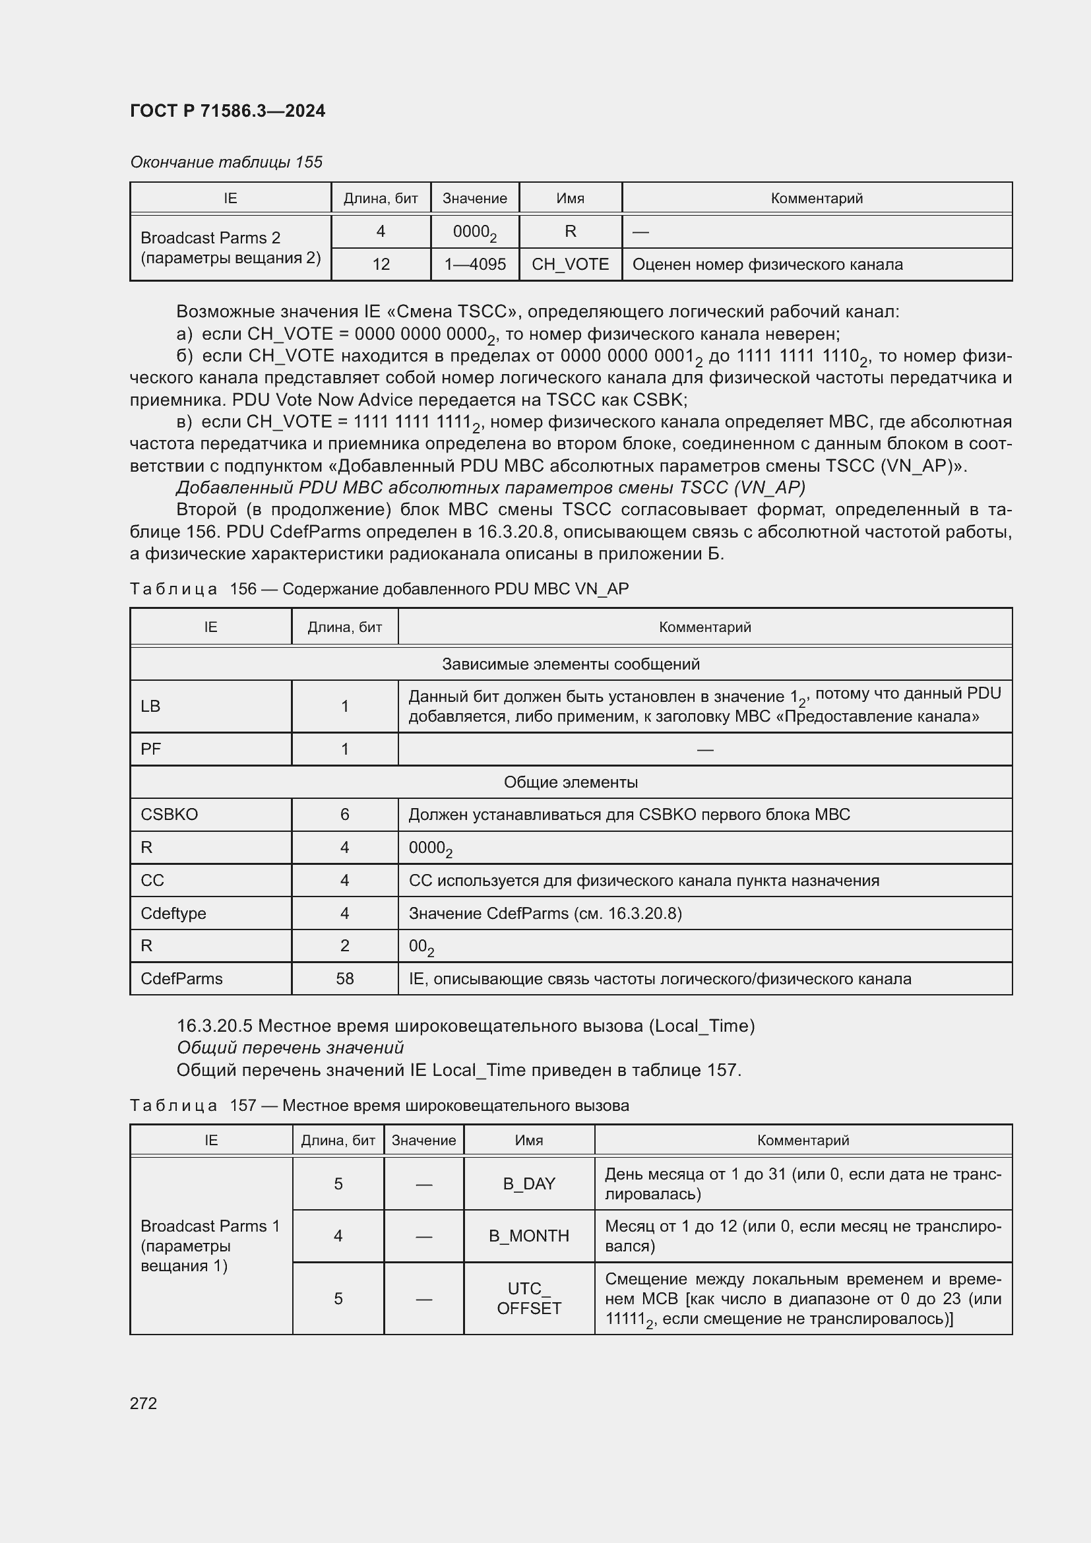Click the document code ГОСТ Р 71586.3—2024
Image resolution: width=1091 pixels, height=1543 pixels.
pos(227,111)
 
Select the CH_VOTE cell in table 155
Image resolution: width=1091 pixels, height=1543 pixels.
pos(570,264)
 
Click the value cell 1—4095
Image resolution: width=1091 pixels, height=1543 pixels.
pos(474,264)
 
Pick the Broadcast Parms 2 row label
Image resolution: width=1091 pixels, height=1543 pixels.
pos(230,247)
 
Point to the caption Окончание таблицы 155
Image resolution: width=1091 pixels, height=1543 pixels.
pos(226,162)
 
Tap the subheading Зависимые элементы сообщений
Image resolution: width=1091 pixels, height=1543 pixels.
pos(571,664)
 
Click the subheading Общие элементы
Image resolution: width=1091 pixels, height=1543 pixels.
pos(571,782)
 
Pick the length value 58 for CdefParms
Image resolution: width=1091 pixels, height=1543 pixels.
pos(344,978)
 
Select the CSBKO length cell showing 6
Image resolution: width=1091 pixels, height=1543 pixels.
pos(344,815)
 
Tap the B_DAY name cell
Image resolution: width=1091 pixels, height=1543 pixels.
pos(529,1183)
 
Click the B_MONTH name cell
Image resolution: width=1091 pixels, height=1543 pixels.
pos(529,1236)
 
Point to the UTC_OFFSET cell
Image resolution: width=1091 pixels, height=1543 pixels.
pos(529,1298)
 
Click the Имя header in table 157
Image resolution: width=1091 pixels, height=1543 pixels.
pos(529,1140)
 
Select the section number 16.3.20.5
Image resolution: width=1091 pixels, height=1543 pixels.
pos(214,1026)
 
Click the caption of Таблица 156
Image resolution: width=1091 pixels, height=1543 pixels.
pos(379,588)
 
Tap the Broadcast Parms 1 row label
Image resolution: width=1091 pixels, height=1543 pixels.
pos(210,1245)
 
